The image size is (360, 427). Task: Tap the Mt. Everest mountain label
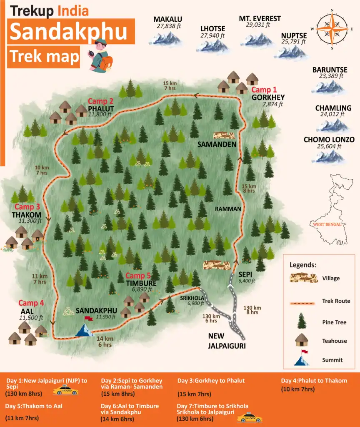[260, 19]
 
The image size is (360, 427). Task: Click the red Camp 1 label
[264, 90]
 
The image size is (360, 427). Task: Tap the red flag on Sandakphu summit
[88, 319]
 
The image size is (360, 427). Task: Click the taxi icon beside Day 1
[65, 390]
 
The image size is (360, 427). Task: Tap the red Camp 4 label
[31, 303]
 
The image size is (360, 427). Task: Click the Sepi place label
[245, 275]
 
